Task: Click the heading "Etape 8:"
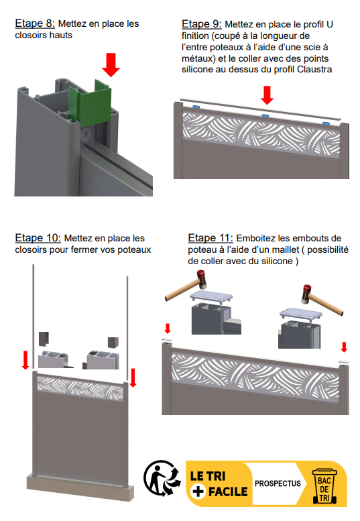[35, 23]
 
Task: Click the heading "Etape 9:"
[202, 24]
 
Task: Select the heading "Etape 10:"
[38, 238]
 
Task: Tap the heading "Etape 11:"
[211, 238]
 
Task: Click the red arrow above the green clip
[111, 65]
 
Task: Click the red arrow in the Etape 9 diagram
[267, 95]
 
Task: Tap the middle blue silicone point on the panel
[265, 116]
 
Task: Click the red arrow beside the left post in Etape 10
[25, 360]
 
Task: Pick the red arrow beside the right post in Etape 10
[133, 378]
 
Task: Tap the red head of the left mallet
[201, 278]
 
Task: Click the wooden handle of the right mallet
[327, 304]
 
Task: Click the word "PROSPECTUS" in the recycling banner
[278, 483]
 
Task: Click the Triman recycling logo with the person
[162, 479]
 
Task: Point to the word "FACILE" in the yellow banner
[228, 491]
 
